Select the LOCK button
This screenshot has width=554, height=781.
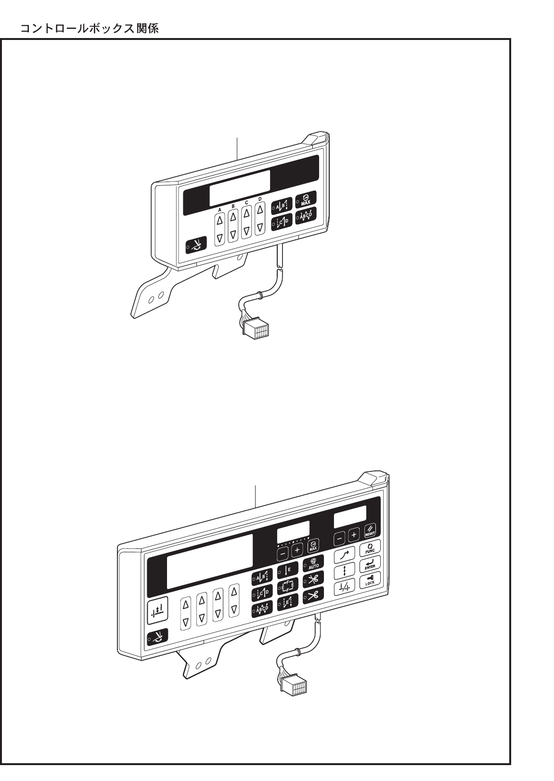[370, 580]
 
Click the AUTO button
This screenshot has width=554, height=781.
[313, 563]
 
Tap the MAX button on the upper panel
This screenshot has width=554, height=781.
[306, 199]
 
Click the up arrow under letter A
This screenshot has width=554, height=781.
[219, 221]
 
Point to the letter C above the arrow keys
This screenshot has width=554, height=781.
[246, 202]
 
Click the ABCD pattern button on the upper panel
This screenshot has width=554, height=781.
[306, 216]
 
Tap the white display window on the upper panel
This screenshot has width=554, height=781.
[239, 188]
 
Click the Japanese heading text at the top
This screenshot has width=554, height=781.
[90, 29]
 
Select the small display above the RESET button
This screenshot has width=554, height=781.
[350, 516]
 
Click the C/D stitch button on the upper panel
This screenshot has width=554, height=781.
[281, 223]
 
